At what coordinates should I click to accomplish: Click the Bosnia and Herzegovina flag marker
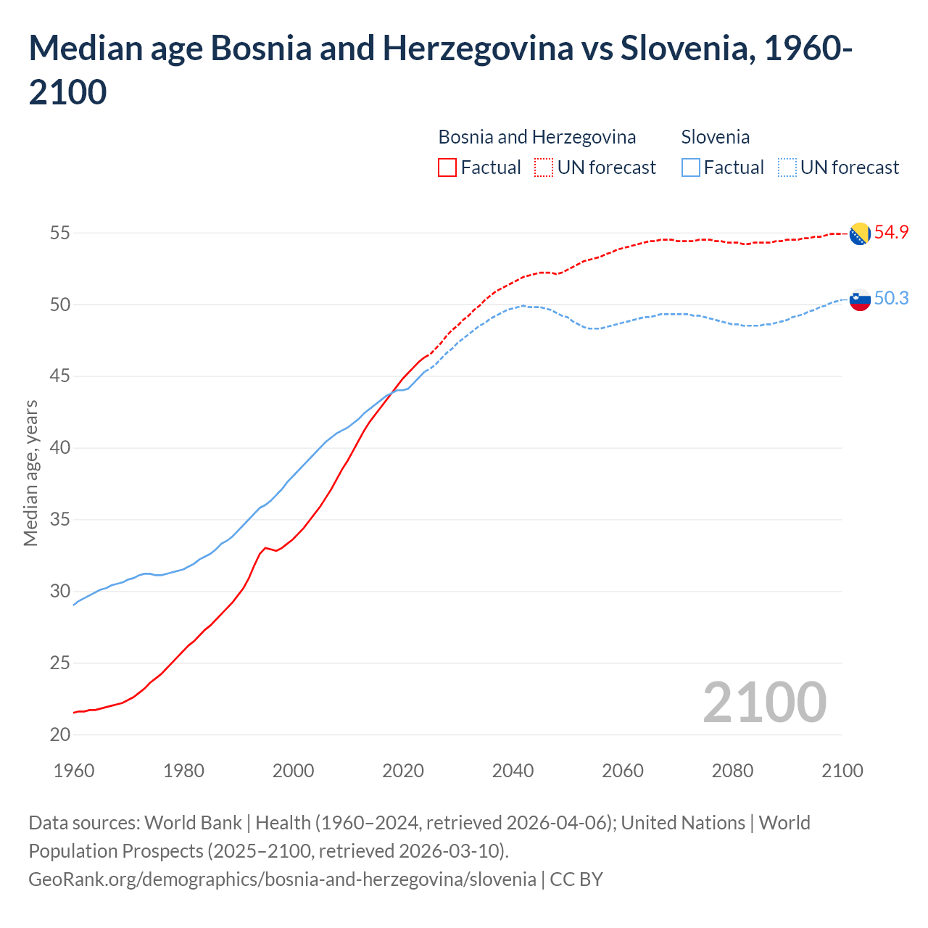tap(860, 233)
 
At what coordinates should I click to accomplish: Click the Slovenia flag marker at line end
tap(860, 299)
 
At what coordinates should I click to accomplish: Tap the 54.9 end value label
tap(891, 233)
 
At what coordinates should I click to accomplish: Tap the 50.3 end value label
tap(891, 299)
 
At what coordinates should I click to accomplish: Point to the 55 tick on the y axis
tap(60, 233)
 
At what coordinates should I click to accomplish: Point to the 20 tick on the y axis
tap(60, 734)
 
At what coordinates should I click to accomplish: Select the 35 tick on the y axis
tap(60, 520)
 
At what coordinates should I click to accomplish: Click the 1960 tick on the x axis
tap(74, 771)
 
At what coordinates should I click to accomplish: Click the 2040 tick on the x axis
tap(513, 771)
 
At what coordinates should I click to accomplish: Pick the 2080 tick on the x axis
tap(732, 771)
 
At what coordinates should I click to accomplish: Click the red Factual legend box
tap(447, 167)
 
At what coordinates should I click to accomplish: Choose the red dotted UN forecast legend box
tap(544, 167)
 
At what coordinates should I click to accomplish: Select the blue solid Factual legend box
tap(691, 167)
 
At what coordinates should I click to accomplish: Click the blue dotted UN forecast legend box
tap(787, 167)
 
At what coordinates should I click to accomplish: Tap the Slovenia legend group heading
tap(715, 137)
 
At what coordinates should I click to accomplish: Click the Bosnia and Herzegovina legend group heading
tap(536, 137)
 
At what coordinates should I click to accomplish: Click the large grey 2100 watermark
tap(764, 703)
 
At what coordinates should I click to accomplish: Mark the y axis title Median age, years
tap(30, 473)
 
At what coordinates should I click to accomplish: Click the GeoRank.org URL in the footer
tap(282, 879)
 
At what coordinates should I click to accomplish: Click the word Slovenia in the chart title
tap(679, 49)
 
